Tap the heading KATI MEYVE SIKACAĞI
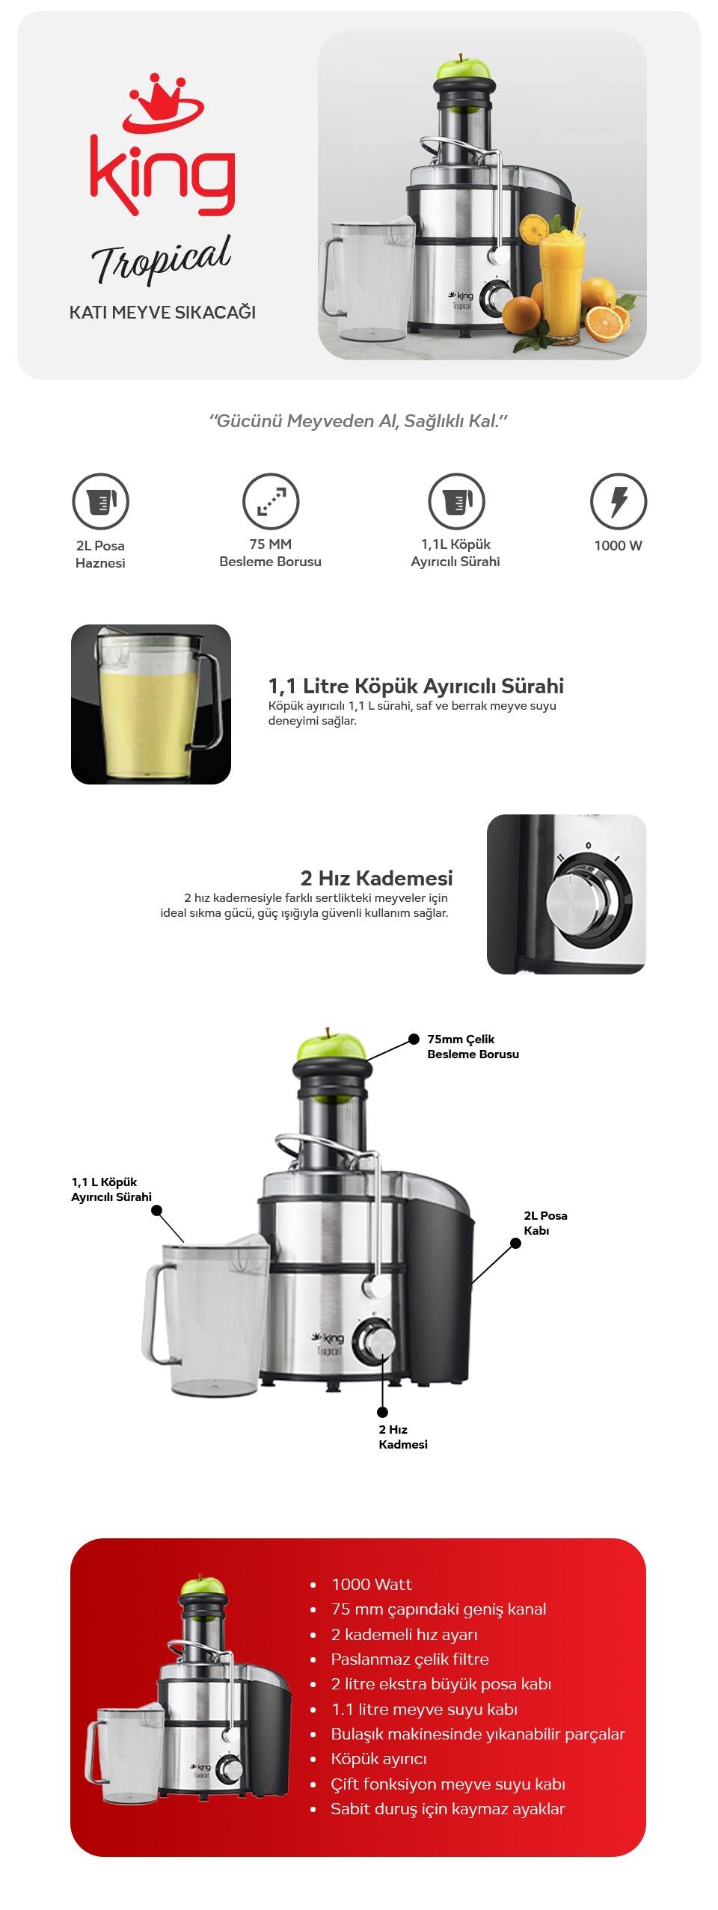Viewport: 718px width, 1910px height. (162, 313)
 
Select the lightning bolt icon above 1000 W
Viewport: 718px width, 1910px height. (619, 501)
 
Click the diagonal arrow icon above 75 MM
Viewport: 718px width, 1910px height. (271, 501)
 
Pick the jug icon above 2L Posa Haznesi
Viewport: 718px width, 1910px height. (100, 501)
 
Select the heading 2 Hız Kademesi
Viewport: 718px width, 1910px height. (376, 877)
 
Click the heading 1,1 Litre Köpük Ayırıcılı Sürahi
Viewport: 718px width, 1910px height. (416, 686)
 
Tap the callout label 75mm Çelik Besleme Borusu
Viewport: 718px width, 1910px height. (473, 1046)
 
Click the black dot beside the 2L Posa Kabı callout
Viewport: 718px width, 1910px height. (515, 1243)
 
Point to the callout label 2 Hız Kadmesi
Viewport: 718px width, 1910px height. (403, 1437)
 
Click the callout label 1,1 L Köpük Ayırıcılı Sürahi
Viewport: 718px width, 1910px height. (111, 1189)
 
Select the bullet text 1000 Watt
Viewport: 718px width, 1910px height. (372, 1584)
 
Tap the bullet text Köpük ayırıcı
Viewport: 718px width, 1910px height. (379, 1759)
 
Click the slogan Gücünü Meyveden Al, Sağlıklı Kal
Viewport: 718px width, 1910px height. (359, 421)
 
